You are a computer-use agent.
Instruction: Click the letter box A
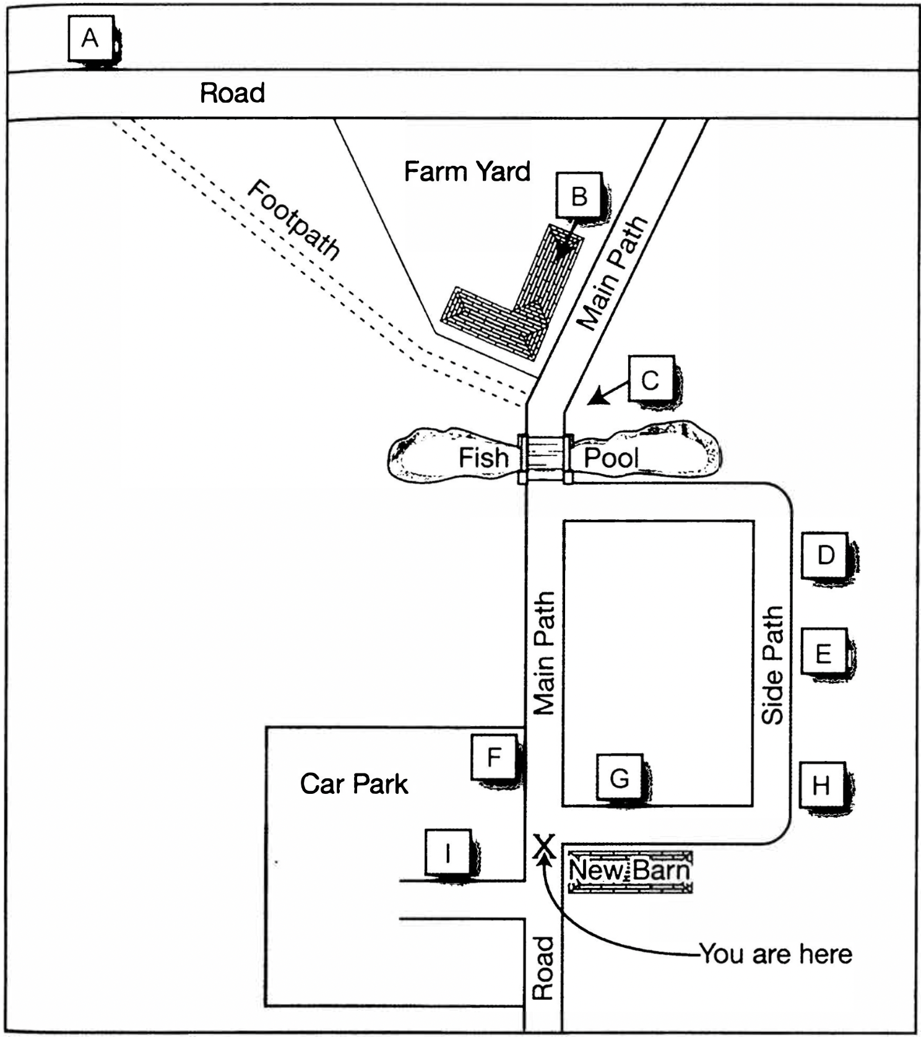click(90, 39)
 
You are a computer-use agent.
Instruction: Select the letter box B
click(579, 196)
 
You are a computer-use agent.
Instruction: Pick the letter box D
click(825, 555)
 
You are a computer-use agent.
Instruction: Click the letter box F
click(494, 757)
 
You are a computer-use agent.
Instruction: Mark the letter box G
click(620, 777)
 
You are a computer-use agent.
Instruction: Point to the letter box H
click(821, 785)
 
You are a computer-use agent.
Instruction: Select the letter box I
click(448, 853)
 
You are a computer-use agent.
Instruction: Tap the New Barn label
click(629, 871)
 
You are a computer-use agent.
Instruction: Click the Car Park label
click(354, 784)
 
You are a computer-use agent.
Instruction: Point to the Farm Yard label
click(467, 171)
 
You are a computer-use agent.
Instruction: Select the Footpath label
click(293, 220)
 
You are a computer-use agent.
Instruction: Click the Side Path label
click(772, 665)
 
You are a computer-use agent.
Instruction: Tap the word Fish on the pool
click(483, 458)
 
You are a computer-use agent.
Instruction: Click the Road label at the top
click(232, 93)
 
